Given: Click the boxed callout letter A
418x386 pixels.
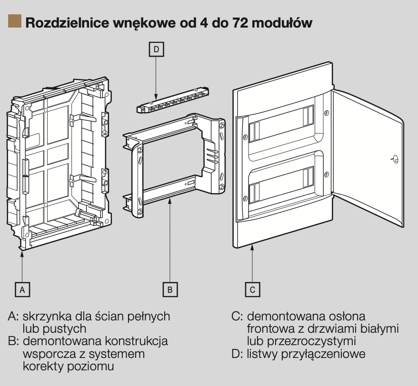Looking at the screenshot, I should pyautogui.click(x=22, y=289).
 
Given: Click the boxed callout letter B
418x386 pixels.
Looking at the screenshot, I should pyautogui.click(x=170, y=289).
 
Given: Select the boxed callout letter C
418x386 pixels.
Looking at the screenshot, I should pyautogui.click(x=253, y=289).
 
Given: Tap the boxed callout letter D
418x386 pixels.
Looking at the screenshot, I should pyautogui.click(x=156, y=48).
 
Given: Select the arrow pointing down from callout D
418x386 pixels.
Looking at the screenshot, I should pyautogui.click(x=156, y=76).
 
